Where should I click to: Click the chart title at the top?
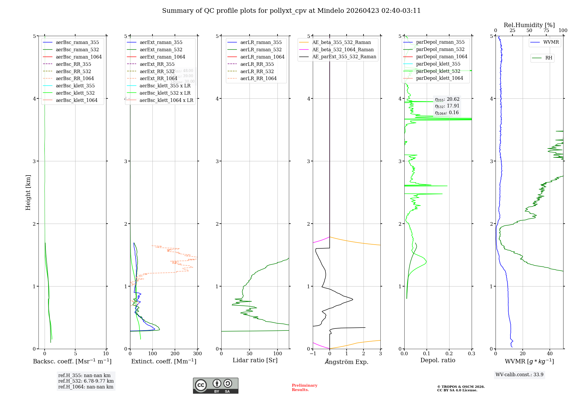291,11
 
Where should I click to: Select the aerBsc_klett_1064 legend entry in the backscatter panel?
76,100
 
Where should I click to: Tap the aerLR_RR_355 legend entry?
257,64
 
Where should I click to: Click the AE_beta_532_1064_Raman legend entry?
343,49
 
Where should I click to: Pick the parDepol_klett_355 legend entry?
438,64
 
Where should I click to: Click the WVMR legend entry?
551,42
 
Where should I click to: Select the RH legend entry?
549,58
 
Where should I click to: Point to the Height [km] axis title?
28,192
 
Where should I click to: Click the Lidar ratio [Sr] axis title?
255,360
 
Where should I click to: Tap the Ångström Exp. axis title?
347,362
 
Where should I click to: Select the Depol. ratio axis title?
438,360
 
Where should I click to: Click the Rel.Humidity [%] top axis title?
529,25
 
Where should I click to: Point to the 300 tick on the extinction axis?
197,354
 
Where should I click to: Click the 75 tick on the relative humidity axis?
546,31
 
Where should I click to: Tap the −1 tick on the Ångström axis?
313,354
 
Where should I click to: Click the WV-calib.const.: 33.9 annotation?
519,374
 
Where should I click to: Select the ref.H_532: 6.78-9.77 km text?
86,381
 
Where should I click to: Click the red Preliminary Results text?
304,388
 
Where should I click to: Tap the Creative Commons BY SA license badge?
215,386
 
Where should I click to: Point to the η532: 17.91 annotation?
447,106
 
